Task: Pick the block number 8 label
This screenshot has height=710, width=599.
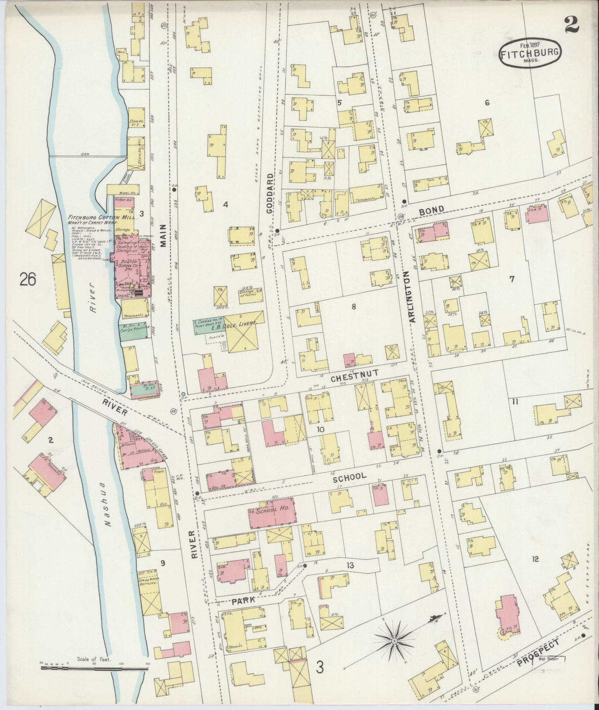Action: pyautogui.click(x=354, y=307)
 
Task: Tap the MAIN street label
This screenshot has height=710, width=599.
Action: pyautogui.click(x=163, y=235)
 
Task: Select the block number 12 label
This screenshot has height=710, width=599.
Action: pyautogui.click(x=535, y=559)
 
